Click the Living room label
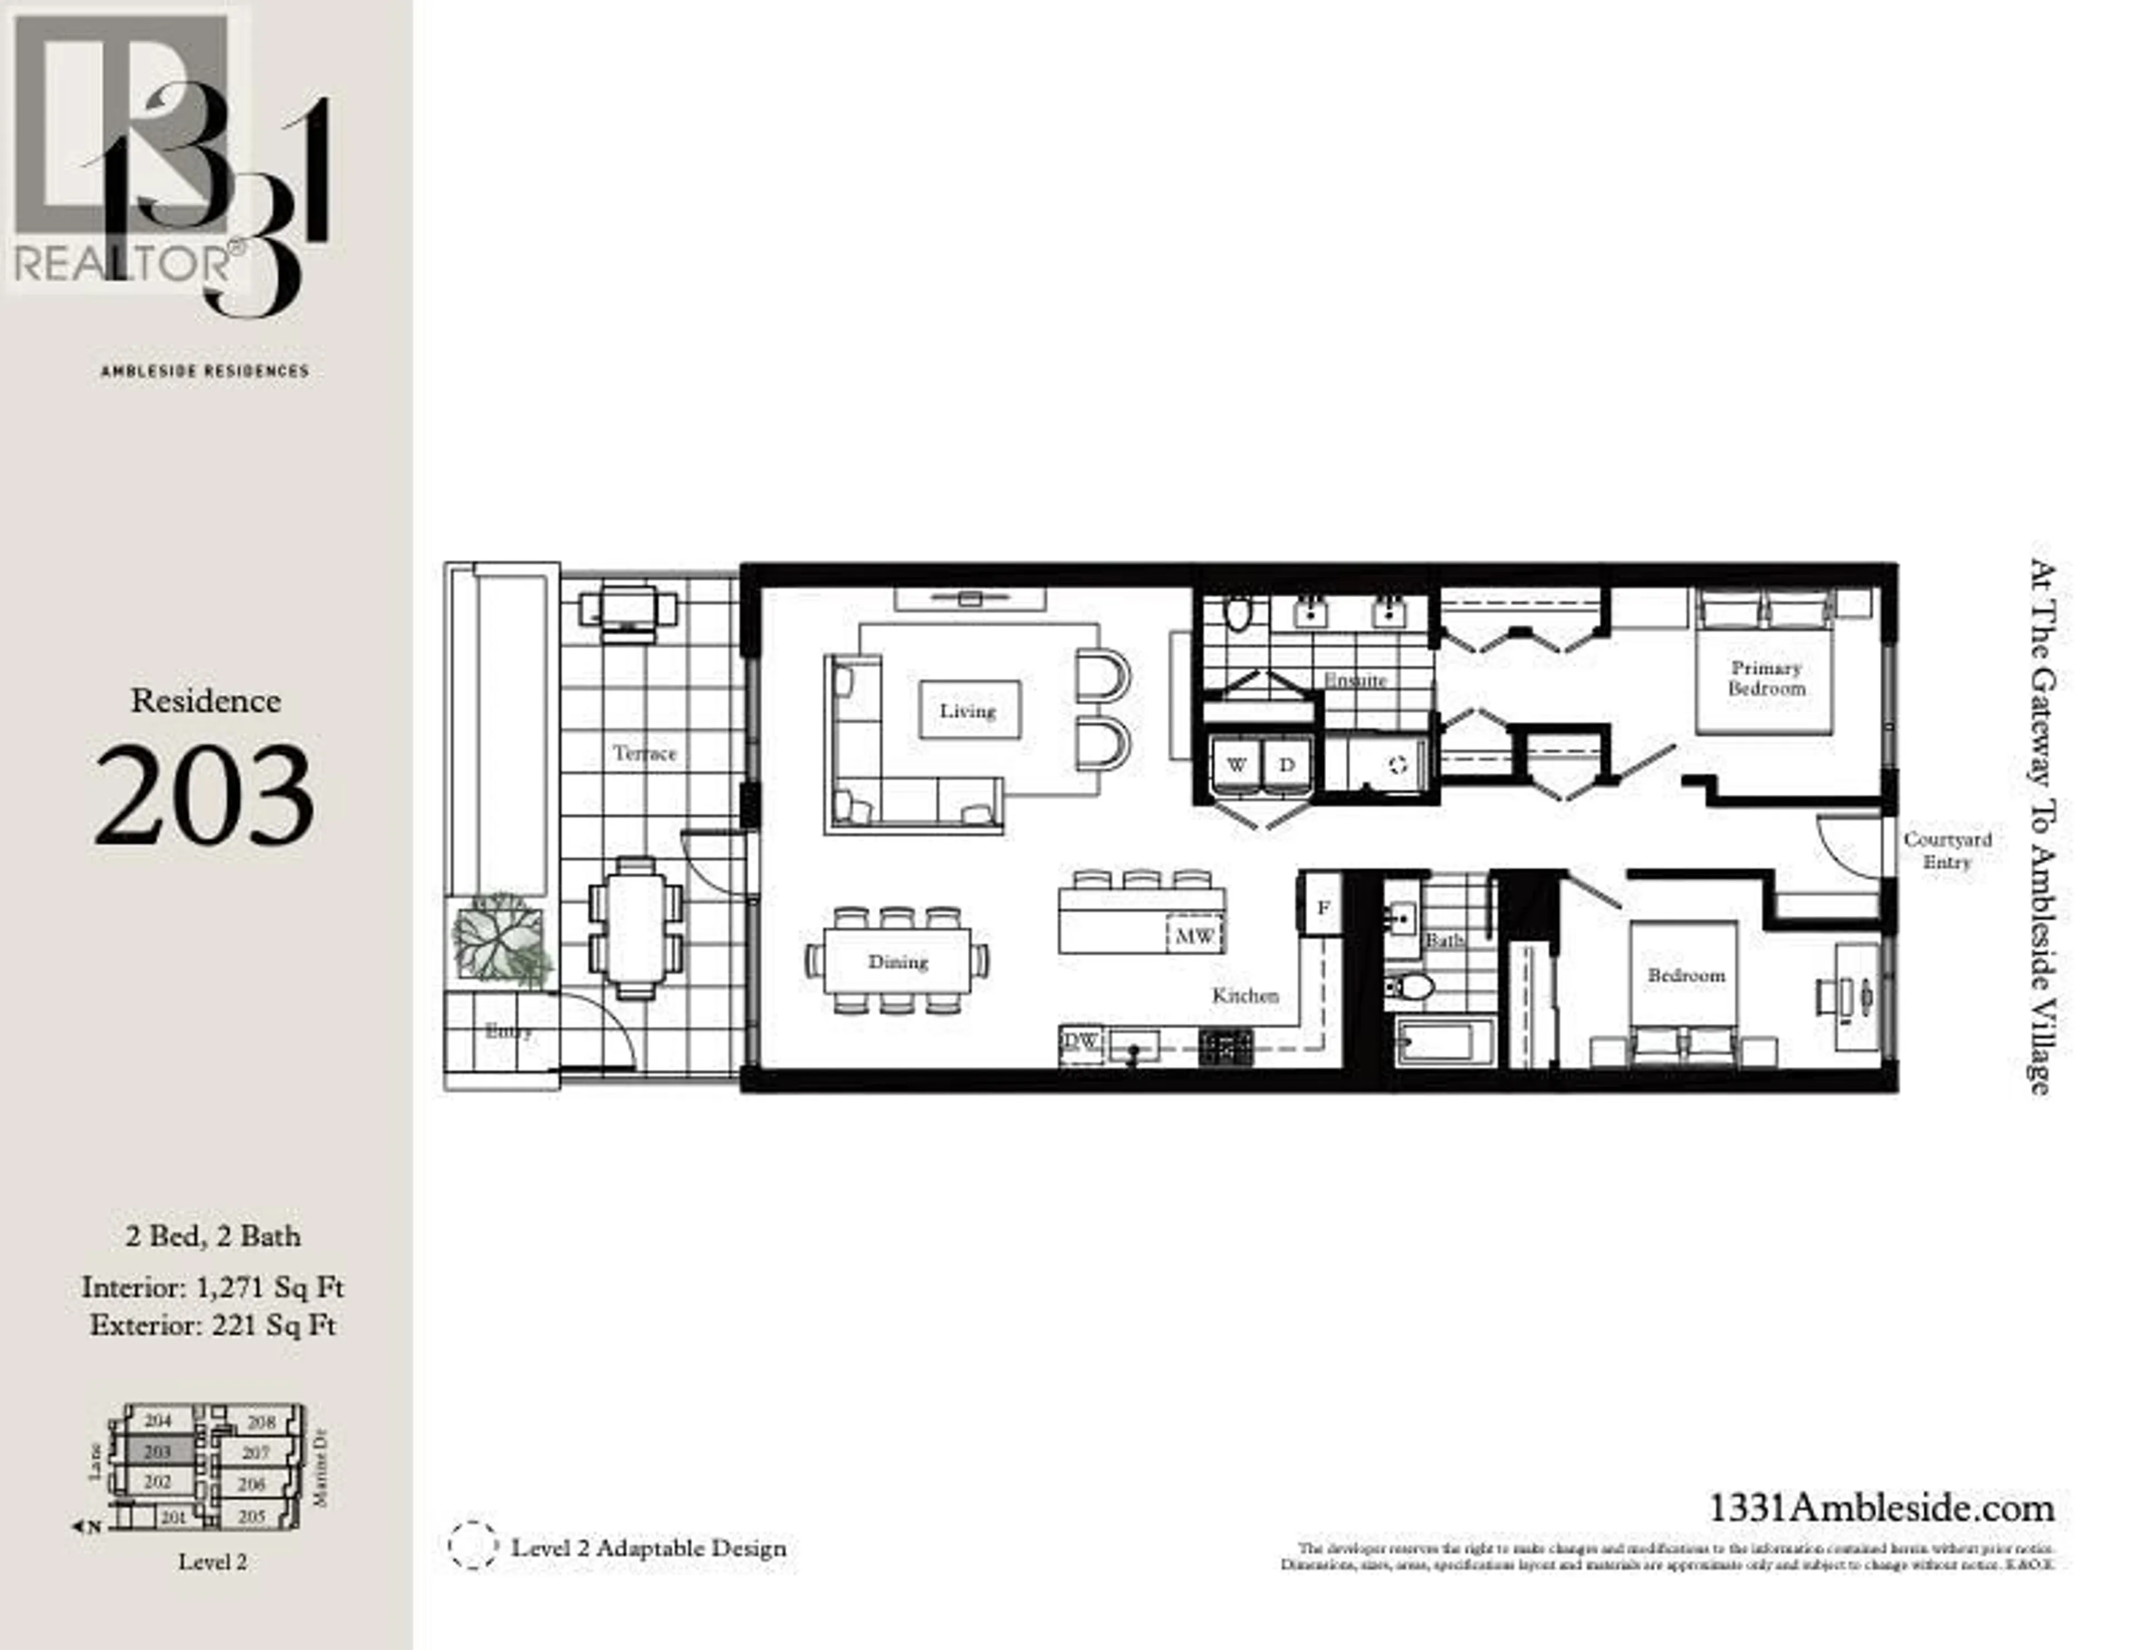tap(968, 711)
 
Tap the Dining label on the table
tap(897, 962)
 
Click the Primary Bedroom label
tap(1766, 678)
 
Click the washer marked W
tap(1237, 765)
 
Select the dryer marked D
tap(1287, 765)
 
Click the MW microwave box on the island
tap(1195, 936)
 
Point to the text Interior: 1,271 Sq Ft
tap(213, 1287)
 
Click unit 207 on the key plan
tap(255, 1453)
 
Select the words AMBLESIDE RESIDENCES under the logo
tap(204, 371)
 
